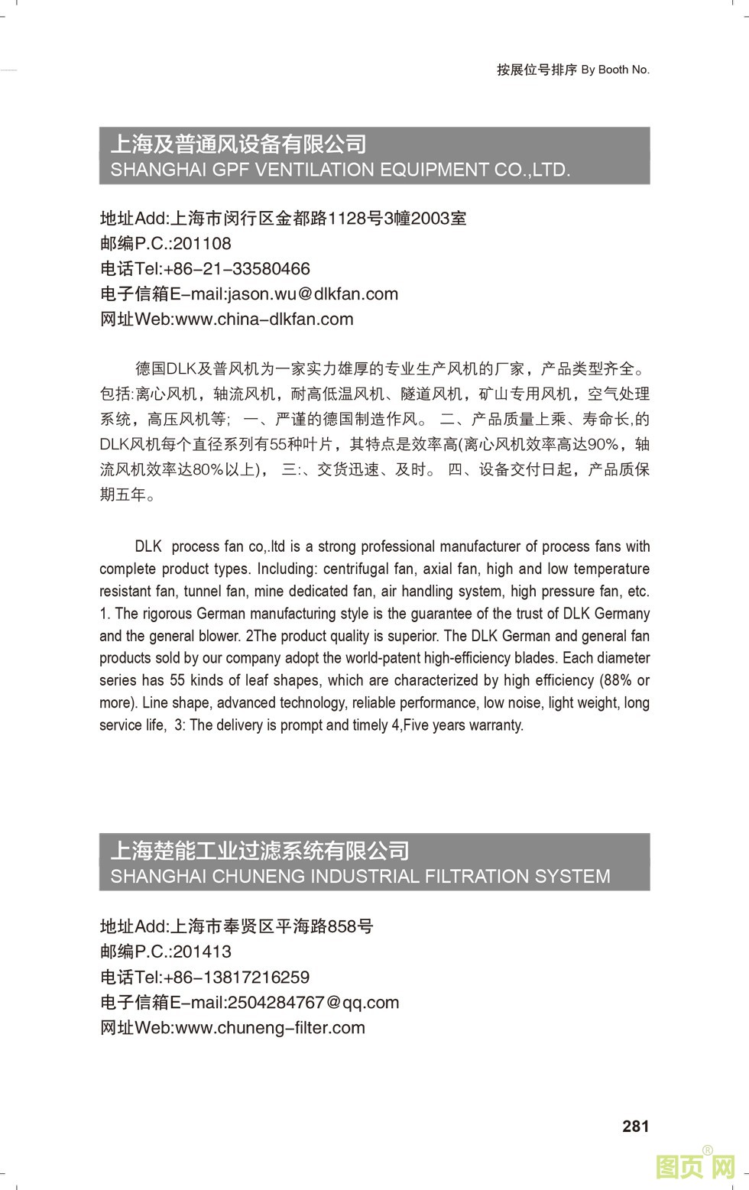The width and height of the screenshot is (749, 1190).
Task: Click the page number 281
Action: click(x=635, y=1126)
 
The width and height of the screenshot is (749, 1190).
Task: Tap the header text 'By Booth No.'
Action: click(x=615, y=70)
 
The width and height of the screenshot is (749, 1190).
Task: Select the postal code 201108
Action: click(x=202, y=244)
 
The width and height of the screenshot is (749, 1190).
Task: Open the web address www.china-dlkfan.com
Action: click(x=264, y=319)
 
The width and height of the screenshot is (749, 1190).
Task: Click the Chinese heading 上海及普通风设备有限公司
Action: click(x=238, y=144)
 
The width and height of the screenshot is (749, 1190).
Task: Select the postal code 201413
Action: click(x=202, y=952)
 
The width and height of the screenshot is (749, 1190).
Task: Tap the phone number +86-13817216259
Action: click(x=237, y=978)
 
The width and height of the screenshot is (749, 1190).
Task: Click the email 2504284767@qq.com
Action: click(x=313, y=1003)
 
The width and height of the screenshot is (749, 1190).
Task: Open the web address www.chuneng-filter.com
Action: click(x=271, y=1028)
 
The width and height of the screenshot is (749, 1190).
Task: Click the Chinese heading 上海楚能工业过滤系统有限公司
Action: click(x=260, y=851)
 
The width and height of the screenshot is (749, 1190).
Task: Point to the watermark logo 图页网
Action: click(x=695, y=1167)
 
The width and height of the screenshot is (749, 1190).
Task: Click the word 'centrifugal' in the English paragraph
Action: click(x=356, y=569)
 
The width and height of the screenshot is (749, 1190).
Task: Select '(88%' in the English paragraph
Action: click(x=616, y=680)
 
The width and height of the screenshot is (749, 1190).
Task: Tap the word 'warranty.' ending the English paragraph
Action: click(x=494, y=725)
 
